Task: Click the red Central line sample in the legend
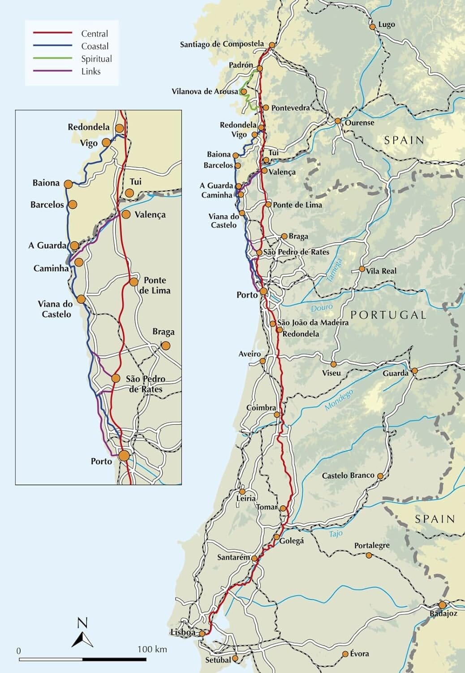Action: point(52,33)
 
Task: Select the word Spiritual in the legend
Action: point(96,59)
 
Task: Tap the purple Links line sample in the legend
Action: point(52,71)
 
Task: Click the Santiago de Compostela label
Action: point(222,44)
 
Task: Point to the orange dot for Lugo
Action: point(372,26)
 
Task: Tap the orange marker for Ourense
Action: point(338,121)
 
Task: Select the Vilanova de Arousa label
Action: point(205,92)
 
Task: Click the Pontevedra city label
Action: point(290,108)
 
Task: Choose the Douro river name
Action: point(322,308)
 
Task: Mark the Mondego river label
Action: point(339,399)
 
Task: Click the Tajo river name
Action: point(336,533)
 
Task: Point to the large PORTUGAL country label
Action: point(388,315)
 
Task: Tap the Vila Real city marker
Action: point(362,269)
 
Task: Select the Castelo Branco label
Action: point(348,476)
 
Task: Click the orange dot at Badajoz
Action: point(443,605)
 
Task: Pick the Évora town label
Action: point(360,654)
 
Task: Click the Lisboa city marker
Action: point(202,633)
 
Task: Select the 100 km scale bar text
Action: point(152,649)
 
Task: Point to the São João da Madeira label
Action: point(313,323)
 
